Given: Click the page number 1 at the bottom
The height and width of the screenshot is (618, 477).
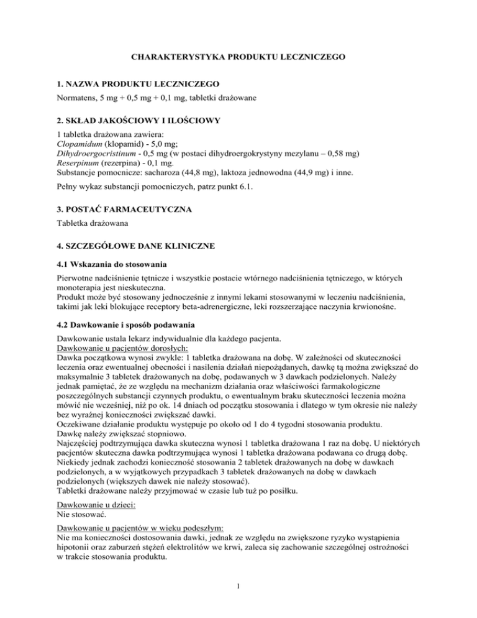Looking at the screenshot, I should (238, 599).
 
